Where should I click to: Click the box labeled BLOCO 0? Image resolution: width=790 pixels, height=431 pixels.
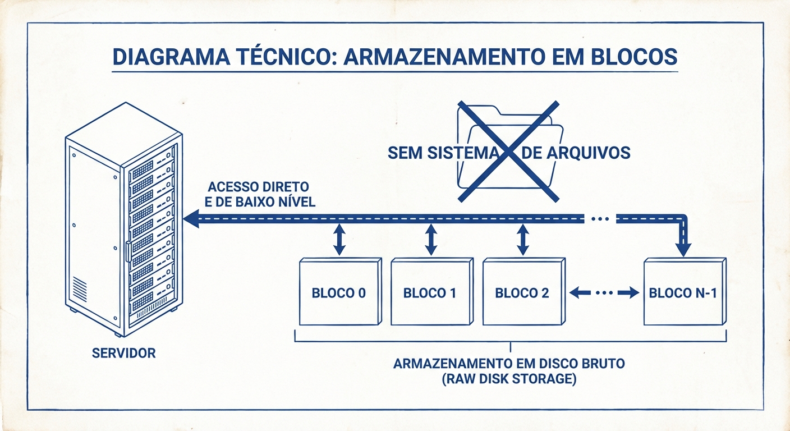point(340,292)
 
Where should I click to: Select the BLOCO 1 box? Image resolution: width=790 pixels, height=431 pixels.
point(430,292)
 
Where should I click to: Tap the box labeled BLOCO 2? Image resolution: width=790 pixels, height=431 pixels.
point(522,292)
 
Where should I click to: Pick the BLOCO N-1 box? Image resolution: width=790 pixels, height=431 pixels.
point(684,292)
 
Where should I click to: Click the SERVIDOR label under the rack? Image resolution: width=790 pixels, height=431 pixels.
point(123,354)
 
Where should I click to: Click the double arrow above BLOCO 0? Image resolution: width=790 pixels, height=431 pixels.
point(339,240)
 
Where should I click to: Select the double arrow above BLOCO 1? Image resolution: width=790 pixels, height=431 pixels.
point(431,240)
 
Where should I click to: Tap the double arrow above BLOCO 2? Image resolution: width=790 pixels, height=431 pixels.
point(522,240)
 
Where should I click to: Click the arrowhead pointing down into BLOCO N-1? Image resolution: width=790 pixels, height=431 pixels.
point(684,249)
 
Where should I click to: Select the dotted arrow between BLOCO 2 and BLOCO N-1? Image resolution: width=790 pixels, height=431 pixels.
point(604,292)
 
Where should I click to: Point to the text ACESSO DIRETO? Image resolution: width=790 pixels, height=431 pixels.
point(258,187)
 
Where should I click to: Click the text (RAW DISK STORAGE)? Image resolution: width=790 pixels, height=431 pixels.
point(509,379)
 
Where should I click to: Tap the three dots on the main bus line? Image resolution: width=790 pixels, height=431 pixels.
point(600,219)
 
